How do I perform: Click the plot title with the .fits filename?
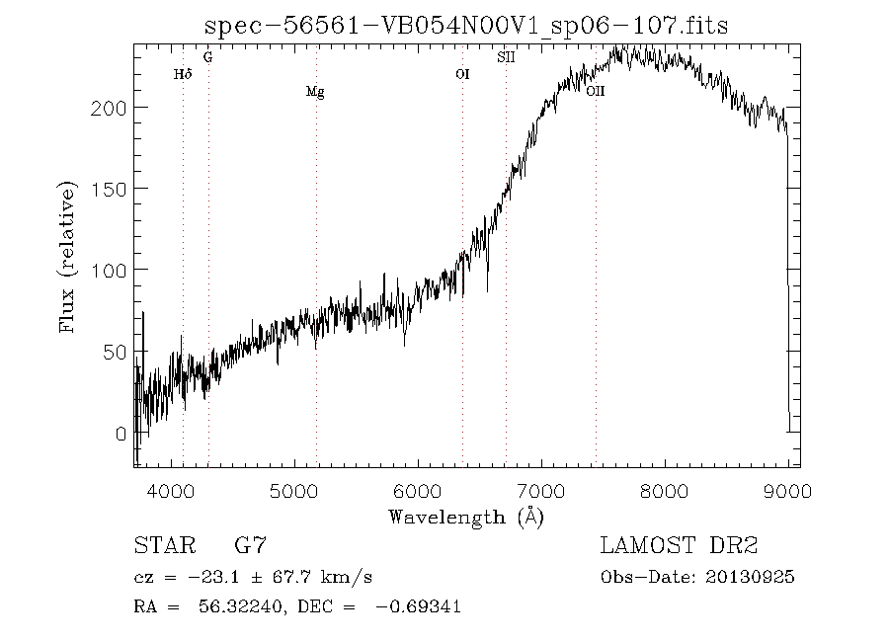click(466, 26)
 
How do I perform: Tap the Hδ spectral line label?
click(183, 74)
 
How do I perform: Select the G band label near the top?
click(208, 57)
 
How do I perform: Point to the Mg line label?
click(315, 92)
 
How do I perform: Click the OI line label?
click(462, 74)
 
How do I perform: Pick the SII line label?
click(506, 57)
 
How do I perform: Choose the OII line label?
click(596, 91)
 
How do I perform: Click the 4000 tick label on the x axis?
click(171, 491)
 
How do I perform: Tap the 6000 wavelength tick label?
click(418, 491)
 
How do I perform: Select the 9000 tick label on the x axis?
click(787, 491)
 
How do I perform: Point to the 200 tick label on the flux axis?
click(109, 108)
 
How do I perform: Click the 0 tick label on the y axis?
click(121, 434)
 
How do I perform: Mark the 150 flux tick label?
click(109, 190)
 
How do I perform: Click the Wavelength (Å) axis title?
click(466, 518)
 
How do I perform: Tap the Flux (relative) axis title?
click(67, 257)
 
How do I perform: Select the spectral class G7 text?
click(250, 545)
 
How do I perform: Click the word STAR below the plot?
click(165, 545)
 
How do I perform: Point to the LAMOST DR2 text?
click(679, 545)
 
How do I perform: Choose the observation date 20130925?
click(750, 578)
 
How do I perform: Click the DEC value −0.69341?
click(418, 606)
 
